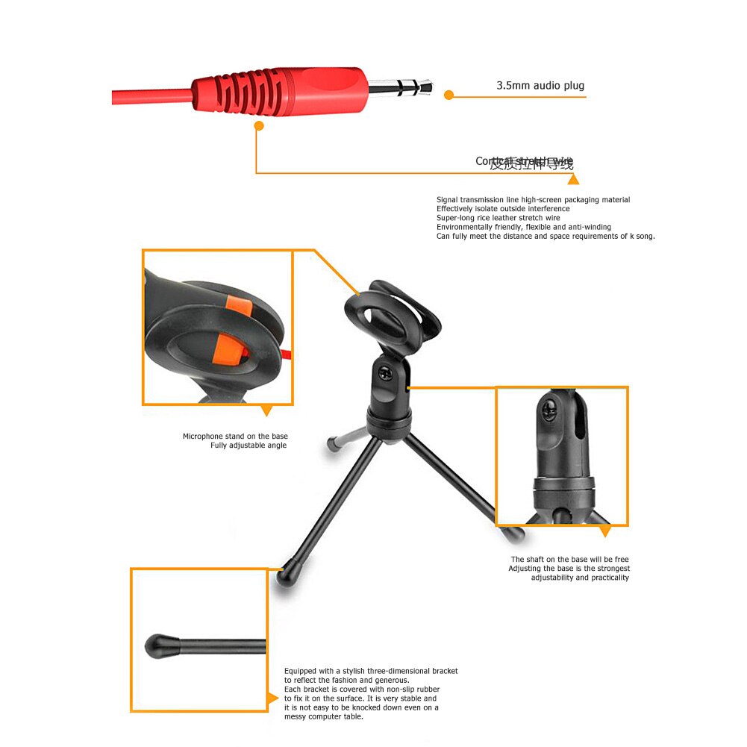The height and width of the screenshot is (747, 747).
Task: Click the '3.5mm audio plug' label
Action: (x=540, y=86)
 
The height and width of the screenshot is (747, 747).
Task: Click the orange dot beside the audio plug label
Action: (x=448, y=95)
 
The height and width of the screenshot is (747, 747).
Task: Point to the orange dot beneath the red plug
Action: (x=259, y=126)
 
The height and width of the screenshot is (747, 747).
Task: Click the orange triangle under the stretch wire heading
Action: (x=572, y=179)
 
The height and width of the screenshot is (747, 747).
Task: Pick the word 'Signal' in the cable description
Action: (x=447, y=200)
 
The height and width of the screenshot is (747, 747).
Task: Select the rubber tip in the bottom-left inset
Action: (x=162, y=645)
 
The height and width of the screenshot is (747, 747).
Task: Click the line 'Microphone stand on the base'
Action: (x=235, y=437)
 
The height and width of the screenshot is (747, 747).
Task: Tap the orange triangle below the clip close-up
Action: (x=266, y=410)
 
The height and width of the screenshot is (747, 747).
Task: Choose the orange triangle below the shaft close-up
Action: (x=604, y=531)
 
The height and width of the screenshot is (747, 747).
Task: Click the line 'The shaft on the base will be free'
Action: (x=569, y=560)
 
